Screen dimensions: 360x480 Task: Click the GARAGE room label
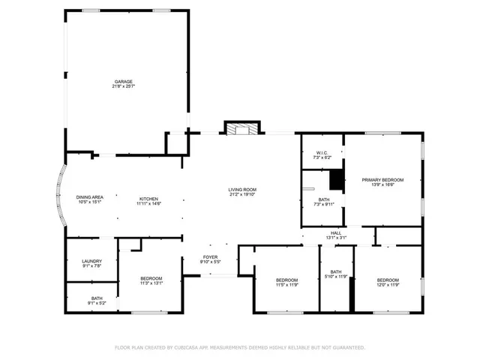[x=124, y=81]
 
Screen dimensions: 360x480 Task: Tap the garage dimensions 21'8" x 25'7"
[x=124, y=86]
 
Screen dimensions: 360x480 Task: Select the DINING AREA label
[x=89, y=197]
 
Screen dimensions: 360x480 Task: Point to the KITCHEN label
[x=148, y=197]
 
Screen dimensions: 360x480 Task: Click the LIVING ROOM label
[x=243, y=189]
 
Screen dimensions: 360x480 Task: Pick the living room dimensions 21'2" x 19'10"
[x=243, y=194]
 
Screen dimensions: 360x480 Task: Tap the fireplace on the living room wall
[x=241, y=129]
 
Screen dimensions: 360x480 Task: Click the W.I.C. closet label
[x=321, y=154]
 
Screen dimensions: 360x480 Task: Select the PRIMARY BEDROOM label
[x=382, y=180]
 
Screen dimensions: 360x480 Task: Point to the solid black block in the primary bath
[x=337, y=181]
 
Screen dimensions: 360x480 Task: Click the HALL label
[x=336, y=233]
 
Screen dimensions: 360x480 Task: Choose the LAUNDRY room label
[x=91, y=260]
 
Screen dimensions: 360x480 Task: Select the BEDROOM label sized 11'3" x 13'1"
[x=151, y=278]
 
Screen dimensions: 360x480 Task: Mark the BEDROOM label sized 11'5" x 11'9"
[x=287, y=280]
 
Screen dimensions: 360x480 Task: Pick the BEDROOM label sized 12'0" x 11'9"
[x=388, y=280]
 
